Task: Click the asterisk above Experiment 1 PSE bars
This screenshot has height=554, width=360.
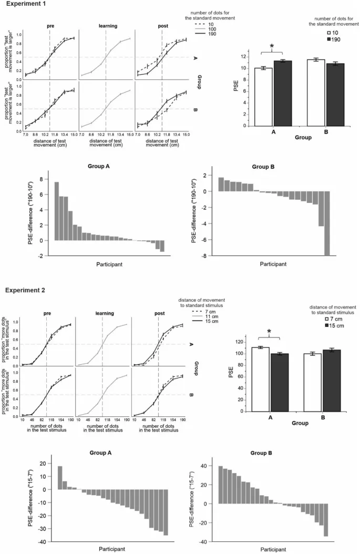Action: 272,47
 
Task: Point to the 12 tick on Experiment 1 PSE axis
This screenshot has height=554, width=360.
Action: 249,57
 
